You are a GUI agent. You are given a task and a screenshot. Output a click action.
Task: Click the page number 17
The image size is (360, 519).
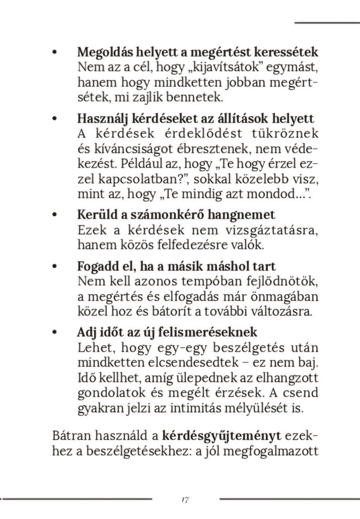[185, 500]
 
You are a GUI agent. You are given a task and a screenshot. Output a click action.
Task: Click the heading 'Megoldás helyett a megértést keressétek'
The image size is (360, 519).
[197, 52]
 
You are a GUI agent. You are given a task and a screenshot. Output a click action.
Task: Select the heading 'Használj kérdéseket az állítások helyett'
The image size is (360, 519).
[195, 119]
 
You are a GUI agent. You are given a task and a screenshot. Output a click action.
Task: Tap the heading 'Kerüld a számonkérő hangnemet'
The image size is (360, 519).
[176, 215]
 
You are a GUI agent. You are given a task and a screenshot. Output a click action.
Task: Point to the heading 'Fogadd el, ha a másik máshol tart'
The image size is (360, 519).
[176, 266]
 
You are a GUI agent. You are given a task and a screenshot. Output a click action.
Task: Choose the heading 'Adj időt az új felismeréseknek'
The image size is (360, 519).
[167, 333]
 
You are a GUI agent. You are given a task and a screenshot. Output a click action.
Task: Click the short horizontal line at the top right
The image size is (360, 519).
[327, 23]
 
